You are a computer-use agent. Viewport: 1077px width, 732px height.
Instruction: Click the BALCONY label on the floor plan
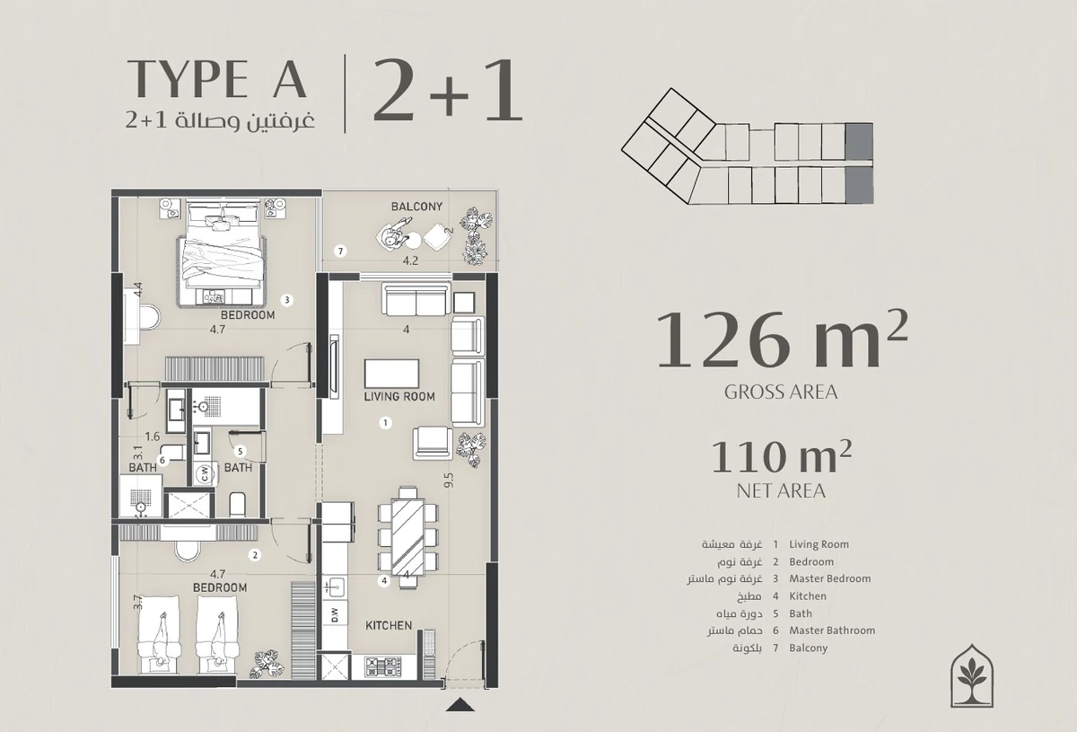click(x=416, y=207)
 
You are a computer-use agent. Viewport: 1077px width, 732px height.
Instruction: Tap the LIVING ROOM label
click(x=399, y=397)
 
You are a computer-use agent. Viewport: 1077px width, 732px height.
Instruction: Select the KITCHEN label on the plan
click(x=389, y=626)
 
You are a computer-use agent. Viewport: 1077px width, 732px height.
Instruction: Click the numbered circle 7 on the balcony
click(x=340, y=251)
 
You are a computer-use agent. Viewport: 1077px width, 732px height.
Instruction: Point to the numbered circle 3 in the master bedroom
click(x=286, y=300)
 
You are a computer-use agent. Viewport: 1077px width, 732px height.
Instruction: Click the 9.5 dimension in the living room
click(x=450, y=481)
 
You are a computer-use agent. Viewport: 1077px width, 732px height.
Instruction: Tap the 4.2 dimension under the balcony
click(x=410, y=260)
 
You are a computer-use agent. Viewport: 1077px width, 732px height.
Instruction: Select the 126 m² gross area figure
click(x=782, y=340)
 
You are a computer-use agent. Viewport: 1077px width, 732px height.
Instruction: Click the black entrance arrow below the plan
click(x=460, y=704)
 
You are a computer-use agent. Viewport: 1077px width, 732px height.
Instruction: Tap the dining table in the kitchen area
click(x=408, y=538)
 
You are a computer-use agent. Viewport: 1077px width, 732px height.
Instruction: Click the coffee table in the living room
click(x=391, y=374)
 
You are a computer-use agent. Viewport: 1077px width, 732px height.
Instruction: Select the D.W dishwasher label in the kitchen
click(x=335, y=615)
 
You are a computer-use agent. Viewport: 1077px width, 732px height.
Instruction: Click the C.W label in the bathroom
click(x=205, y=472)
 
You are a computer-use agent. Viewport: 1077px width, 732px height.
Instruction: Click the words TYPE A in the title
click(x=217, y=78)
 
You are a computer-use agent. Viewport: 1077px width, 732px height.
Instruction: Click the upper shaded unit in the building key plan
click(x=859, y=142)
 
